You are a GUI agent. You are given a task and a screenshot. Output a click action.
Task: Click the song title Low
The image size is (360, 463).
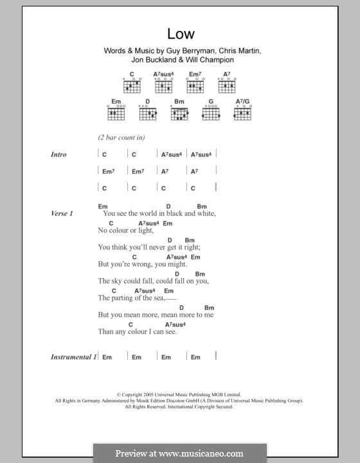[180, 34]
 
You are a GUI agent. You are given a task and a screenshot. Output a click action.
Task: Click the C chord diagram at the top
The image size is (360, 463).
[132, 85]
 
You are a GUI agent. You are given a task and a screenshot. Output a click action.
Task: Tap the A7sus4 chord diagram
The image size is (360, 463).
[163, 85]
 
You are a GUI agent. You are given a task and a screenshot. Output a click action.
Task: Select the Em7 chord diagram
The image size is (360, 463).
[195, 85]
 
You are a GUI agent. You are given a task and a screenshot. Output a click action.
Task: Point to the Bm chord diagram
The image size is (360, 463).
[179, 113]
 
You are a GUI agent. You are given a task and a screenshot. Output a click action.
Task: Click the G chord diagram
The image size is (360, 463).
[211, 113]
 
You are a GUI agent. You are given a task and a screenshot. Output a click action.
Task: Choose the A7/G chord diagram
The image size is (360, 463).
[242, 113]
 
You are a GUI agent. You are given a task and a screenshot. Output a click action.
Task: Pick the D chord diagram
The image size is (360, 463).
[147, 113]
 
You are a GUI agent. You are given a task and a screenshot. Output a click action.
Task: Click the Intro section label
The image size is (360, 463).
[59, 155]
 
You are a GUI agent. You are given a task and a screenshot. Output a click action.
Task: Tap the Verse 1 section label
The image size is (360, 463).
[62, 213]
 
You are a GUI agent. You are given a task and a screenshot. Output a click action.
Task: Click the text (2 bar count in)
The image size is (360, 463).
[122, 138]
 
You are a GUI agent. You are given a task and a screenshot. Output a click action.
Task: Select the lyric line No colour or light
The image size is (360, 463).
[126, 230]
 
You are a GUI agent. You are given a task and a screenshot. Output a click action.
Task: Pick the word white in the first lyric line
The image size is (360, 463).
[203, 213]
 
